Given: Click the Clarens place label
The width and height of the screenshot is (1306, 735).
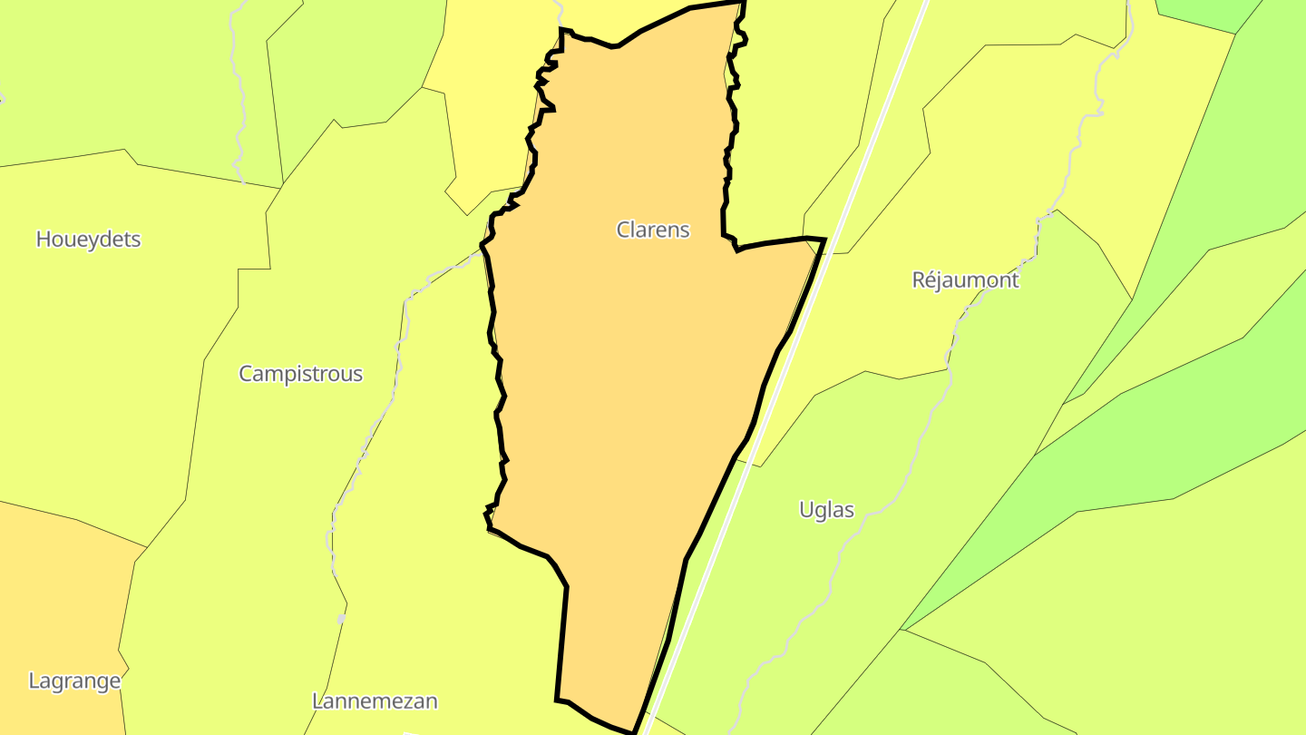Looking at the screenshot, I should (653, 230).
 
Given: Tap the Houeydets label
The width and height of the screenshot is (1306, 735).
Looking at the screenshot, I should (88, 240).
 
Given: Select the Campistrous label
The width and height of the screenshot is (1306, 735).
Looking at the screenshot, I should (300, 374).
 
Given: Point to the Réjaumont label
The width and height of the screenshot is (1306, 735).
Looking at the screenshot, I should (965, 279).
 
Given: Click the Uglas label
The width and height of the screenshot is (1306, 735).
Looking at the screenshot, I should (826, 510).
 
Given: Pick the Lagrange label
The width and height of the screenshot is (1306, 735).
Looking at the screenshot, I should (74, 681).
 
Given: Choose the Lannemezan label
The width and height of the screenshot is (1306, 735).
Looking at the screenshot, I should (375, 701).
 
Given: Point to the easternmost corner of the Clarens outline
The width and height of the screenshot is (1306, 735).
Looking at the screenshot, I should (824, 240).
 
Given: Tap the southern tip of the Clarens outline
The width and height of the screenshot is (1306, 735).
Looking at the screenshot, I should (634, 731).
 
